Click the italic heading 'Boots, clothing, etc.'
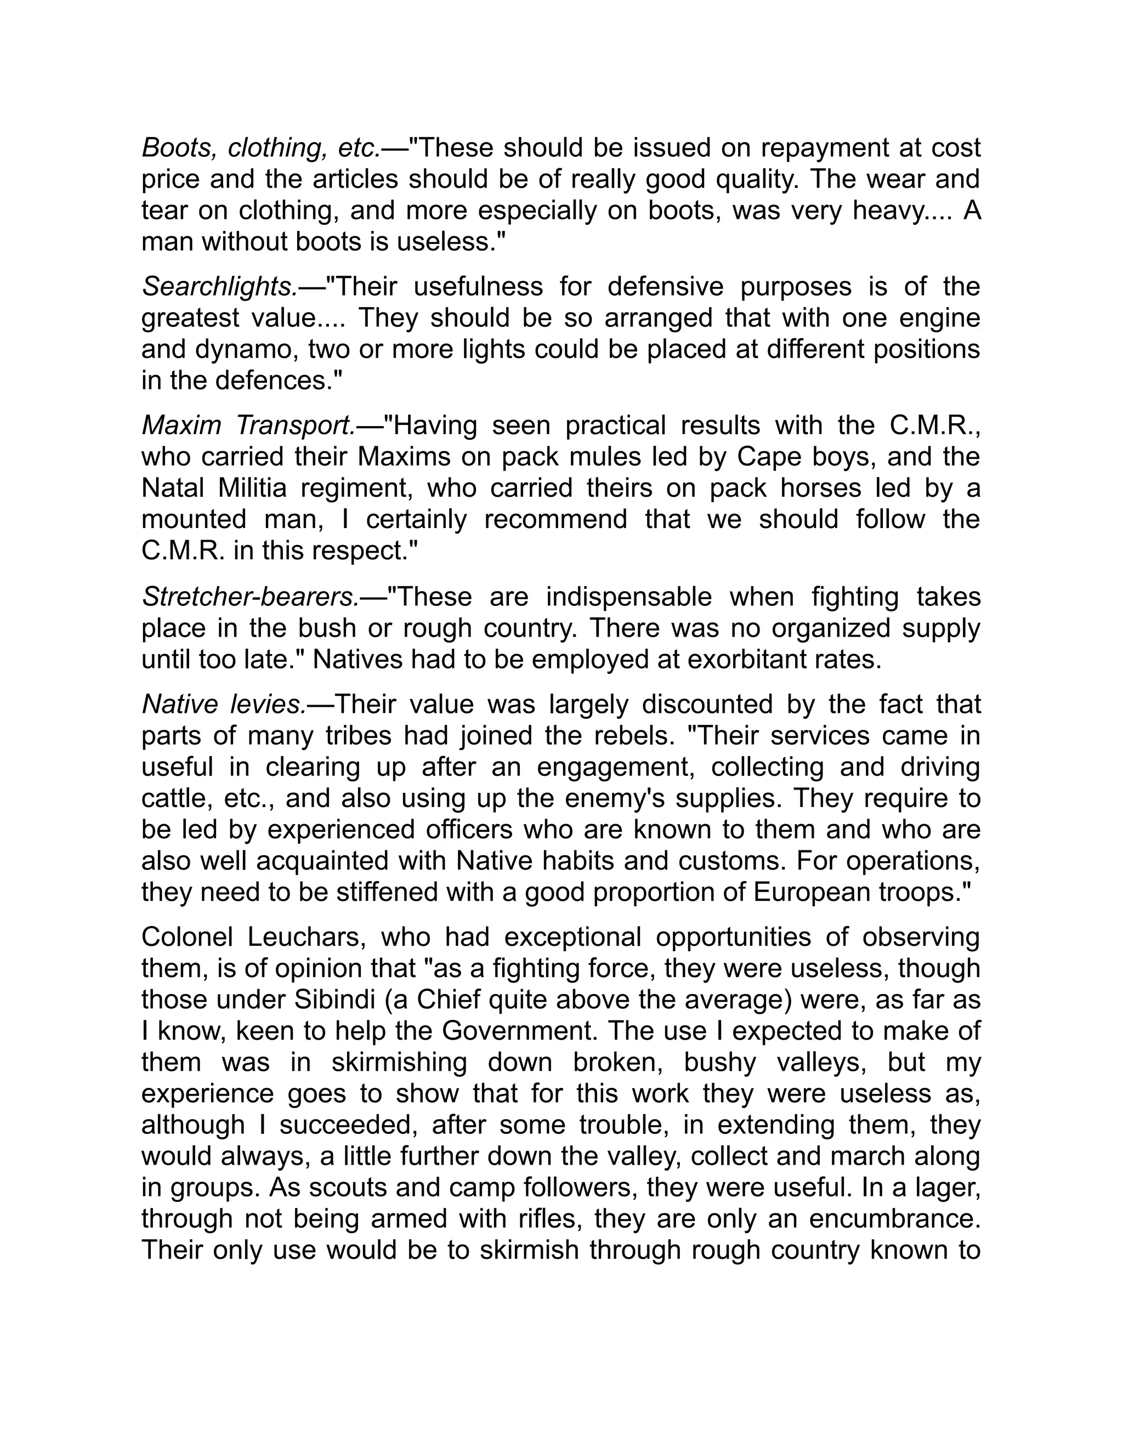tap(261, 147)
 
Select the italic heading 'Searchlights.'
tap(219, 287)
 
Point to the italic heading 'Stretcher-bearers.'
tap(250, 597)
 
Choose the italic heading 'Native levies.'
tap(224, 705)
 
